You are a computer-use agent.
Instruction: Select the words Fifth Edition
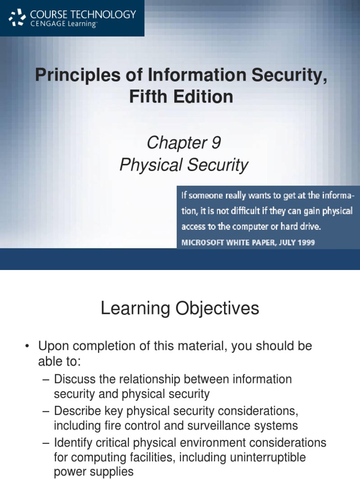pos(180,97)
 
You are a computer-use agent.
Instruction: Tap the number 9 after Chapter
pos(215,143)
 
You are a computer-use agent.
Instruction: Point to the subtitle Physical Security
pos(183,165)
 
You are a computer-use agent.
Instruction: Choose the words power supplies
pos(94,472)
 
